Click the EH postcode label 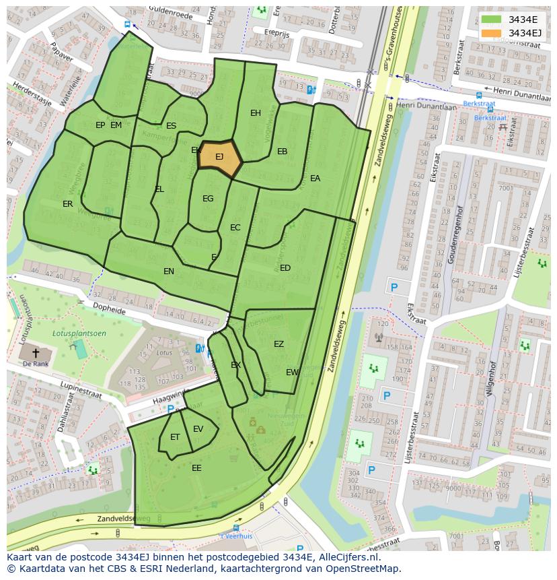256,113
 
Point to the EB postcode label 283,152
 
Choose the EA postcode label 315,179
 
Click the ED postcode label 285,268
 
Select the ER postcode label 68,204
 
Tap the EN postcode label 169,271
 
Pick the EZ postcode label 278,344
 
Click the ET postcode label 175,437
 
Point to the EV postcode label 198,429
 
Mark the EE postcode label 196,468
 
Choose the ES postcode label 172,126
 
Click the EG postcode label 208,199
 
